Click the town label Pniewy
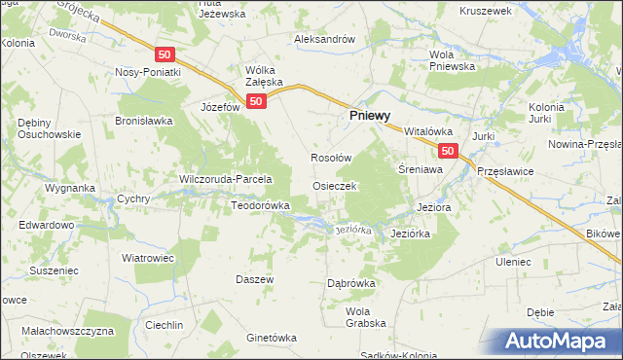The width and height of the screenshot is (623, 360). pyautogui.click(x=371, y=114)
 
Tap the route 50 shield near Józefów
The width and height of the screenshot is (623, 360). pyautogui.click(x=256, y=101)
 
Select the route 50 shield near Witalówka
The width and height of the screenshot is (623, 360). pyautogui.click(x=448, y=151)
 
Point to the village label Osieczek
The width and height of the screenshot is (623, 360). pyautogui.click(x=336, y=185)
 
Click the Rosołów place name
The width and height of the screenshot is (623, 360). pyautogui.click(x=330, y=159)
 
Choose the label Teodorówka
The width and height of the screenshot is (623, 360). pyautogui.click(x=260, y=205)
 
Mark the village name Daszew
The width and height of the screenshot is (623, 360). pyautogui.click(x=255, y=278)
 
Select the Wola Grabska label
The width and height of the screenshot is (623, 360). pyautogui.click(x=366, y=316)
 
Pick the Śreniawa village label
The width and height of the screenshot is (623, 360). pyautogui.click(x=421, y=168)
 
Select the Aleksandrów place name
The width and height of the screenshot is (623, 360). pyautogui.click(x=325, y=39)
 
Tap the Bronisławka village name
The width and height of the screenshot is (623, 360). pyautogui.click(x=143, y=121)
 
